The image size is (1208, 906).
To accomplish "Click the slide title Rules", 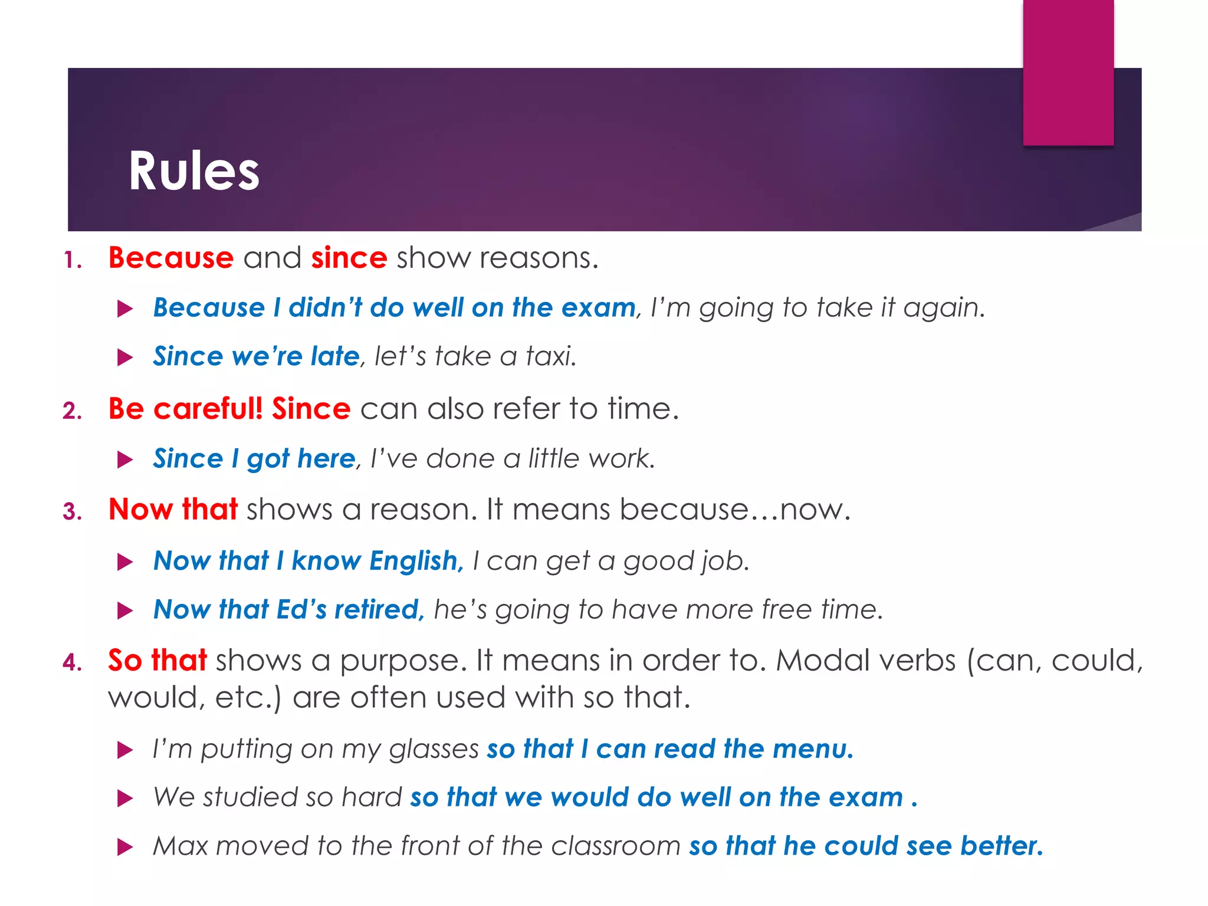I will click(x=194, y=171).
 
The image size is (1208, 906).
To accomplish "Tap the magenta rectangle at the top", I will click(x=1068, y=72).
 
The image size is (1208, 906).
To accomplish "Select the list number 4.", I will click(x=72, y=662).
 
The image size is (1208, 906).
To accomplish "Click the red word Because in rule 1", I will click(x=171, y=258).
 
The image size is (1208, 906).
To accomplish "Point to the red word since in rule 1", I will click(x=349, y=258).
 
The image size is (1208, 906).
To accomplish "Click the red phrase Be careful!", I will click(x=185, y=408).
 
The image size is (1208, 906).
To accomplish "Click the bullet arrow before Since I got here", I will click(x=125, y=459).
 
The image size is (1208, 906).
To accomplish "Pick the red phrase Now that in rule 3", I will click(x=173, y=509).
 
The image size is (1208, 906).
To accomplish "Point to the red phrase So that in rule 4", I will click(x=157, y=659).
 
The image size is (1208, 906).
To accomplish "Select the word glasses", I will click(x=434, y=749).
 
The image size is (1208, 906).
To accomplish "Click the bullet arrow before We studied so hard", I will click(x=125, y=799).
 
